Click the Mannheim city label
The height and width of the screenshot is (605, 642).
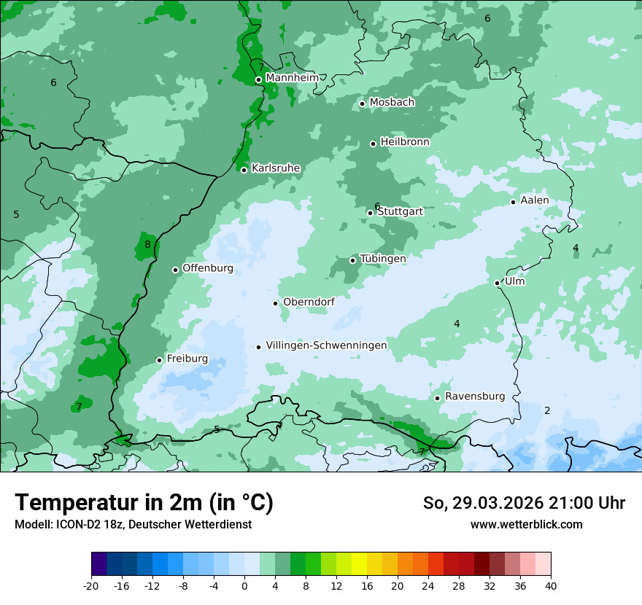tap(292, 77)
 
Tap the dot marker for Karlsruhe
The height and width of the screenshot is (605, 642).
tap(244, 170)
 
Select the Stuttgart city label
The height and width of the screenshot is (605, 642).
tap(400, 211)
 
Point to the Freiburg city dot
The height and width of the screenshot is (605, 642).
tap(160, 360)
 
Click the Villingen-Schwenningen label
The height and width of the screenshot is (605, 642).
tap(326, 346)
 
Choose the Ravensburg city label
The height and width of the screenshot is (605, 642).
tap(475, 397)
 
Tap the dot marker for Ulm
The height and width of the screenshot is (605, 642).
tap(498, 283)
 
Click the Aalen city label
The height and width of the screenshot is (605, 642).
tap(535, 200)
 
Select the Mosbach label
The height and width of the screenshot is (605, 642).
tap(392, 103)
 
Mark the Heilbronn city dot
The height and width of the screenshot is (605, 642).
tap(374, 144)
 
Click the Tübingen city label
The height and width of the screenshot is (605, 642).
tap(383, 259)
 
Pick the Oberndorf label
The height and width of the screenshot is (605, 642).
tap(309, 302)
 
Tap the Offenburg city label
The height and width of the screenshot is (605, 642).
tap(208, 268)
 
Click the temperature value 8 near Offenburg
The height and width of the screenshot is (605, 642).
tap(147, 245)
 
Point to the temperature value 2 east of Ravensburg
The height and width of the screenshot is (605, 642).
tap(547, 410)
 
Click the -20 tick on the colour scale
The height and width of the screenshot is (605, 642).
tap(91, 586)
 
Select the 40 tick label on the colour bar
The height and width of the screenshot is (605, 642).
tap(551, 586)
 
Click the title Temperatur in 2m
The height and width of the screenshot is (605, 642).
tap(144, 503)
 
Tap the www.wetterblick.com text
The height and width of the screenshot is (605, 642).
tap(526, 524)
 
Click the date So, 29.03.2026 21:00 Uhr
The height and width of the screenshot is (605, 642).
tap(524, 503)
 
